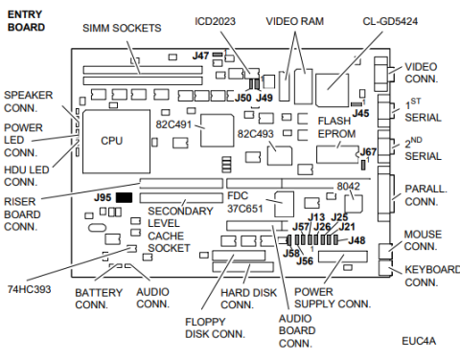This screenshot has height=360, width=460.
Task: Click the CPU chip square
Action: point(111,140)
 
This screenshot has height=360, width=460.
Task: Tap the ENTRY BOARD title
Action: point(27,20)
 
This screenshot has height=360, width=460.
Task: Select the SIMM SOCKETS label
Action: point(121,29)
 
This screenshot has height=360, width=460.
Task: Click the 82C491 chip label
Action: point(172,123)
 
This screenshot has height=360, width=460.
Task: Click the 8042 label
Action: point(350,186)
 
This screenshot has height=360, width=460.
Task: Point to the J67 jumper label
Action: point(368,151)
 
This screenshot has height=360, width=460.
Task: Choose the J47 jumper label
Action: point(200,56)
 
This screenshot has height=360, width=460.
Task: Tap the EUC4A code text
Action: point(419,340)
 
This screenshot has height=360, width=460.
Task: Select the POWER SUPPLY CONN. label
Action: point(332,298)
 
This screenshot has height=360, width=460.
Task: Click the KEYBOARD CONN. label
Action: point(431,276)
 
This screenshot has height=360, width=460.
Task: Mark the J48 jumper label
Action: point(356,239)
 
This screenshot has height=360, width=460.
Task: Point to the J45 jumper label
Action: point(360,113)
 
